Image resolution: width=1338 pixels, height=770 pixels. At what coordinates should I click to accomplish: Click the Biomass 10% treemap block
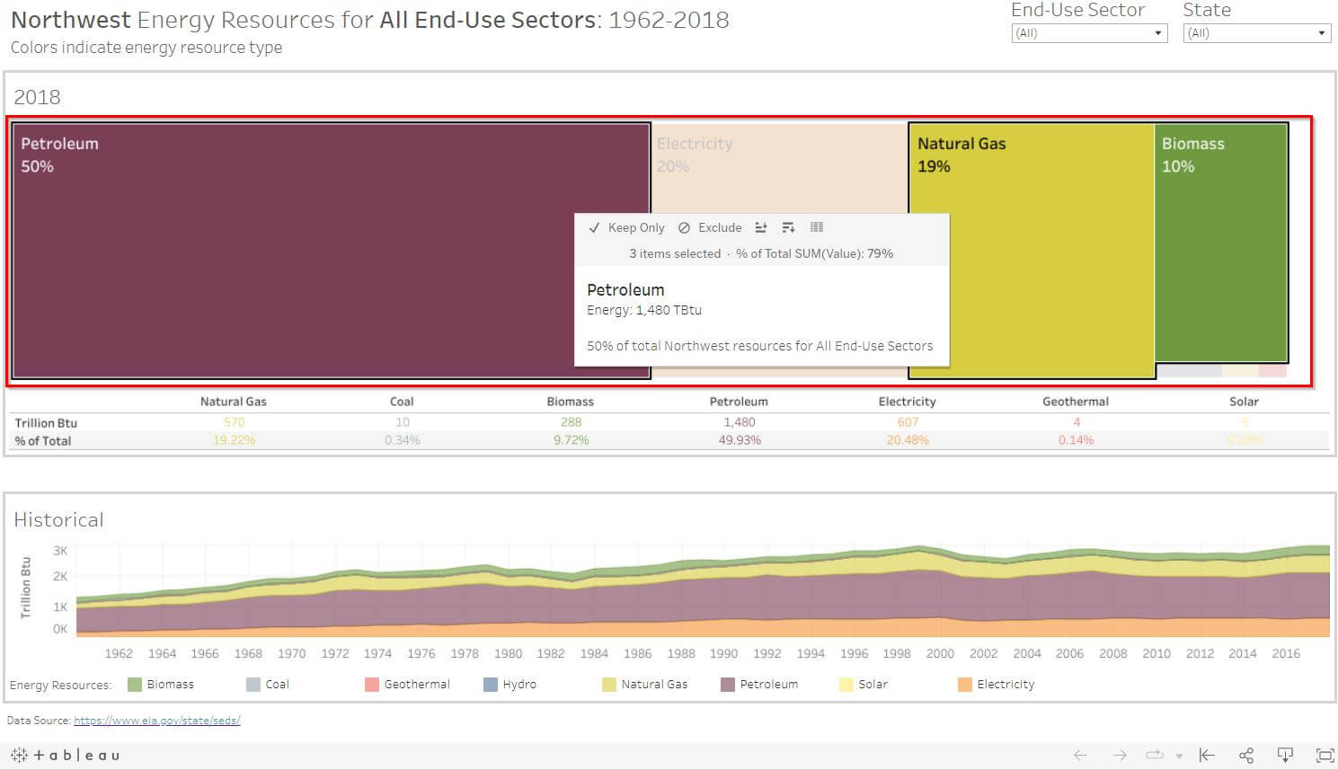(x=1220, y=243)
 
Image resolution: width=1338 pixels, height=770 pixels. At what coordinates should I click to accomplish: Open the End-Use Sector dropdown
(x=1088, y=33)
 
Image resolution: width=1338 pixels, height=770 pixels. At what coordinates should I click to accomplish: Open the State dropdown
(x=1256, y=33)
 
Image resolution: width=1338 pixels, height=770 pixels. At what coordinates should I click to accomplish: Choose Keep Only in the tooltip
(x=627, y=228)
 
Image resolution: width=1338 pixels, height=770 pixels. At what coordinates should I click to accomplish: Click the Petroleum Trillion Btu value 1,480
(x=739, y=422)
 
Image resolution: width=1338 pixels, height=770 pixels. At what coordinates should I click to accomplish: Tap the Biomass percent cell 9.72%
(x=571, y=440)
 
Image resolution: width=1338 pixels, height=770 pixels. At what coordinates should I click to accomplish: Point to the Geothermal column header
(x=1075, y=402)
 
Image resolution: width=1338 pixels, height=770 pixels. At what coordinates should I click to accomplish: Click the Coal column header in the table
(x=402, y=402)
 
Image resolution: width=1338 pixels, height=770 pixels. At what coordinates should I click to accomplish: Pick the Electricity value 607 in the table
(x=908, y=422)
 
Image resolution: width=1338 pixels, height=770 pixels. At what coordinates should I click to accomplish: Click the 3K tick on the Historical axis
(x=60, y=551)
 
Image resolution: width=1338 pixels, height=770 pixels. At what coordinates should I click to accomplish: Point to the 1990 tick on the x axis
(x=723, y=654)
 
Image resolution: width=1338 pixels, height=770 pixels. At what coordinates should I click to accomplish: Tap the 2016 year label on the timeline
(x=1285, y=654)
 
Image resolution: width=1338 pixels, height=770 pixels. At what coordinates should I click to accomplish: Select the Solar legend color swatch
(x=846, y=685)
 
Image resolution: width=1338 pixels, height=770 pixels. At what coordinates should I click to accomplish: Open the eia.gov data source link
(x=156, y=721)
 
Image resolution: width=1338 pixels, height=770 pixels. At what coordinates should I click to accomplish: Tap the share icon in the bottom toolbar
(x=1245, y=756)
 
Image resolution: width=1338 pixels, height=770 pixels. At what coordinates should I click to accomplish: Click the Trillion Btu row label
(x=46, y=423)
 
